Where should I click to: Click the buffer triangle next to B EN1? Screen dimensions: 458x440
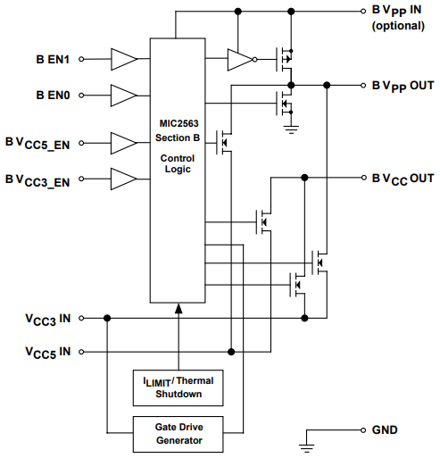pyautogui.click(x=122, y=60)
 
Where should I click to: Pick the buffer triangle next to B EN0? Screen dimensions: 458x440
pyautogui.click(x=122, y=94)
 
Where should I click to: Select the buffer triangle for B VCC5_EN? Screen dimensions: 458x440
pyautogui.click(x=122, y=142)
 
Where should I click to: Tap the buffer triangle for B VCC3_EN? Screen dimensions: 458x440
pyautogui.click(x=122, y=178)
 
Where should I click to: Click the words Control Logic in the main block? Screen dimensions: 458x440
pyautogui.click(x=178, y=162)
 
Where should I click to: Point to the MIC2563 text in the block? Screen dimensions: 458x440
pyautogui.click(x=178, y=125)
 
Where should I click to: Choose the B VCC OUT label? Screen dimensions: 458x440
pyautogui.click(x=402, y=179)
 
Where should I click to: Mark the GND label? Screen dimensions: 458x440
pyautogui.click(x=386, y=429)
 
